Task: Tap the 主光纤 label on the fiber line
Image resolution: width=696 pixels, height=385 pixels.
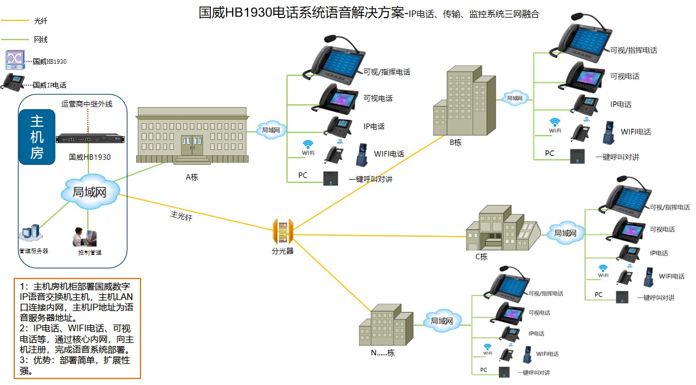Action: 181,216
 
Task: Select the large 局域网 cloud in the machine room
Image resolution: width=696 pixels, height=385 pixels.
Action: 89,192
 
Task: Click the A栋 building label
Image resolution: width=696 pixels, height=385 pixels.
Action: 192,177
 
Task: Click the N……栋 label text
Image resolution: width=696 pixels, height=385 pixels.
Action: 383,353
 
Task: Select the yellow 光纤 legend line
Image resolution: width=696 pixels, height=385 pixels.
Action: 15,21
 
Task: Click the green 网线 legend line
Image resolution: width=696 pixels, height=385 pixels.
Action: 15,40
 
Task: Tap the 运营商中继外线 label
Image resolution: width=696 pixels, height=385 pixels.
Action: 87,104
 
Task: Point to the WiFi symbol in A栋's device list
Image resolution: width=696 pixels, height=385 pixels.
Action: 308,145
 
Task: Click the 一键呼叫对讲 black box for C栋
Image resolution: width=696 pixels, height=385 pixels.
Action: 622,297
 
